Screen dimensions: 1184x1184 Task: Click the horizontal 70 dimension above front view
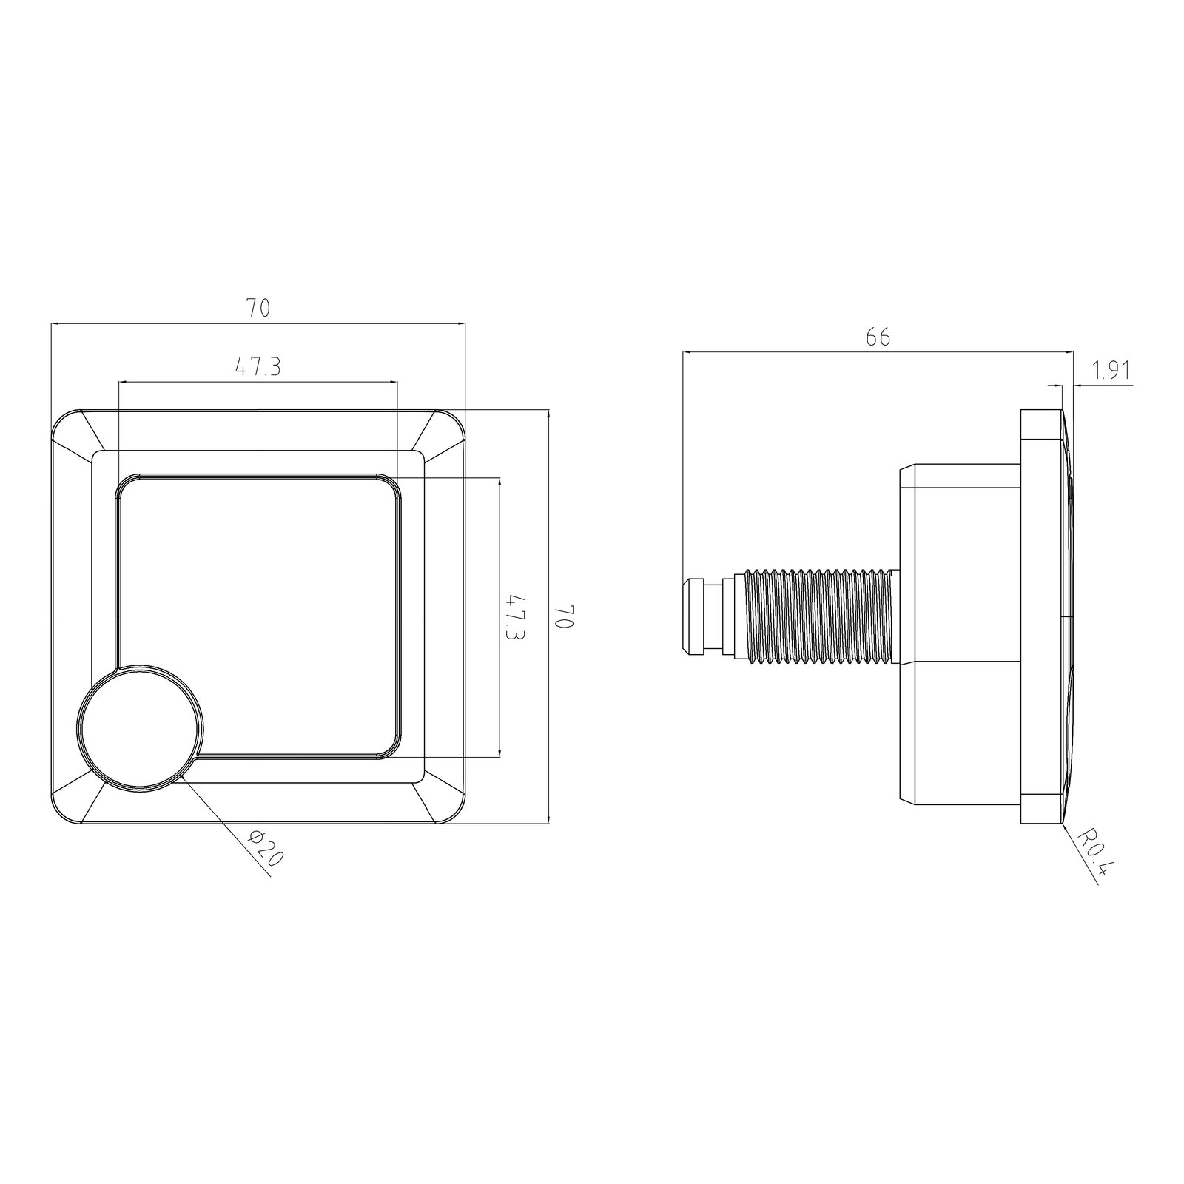click(258, 309)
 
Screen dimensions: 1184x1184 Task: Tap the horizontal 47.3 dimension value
click(258, 367)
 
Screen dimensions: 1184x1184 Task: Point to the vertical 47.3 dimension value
click(514, 616)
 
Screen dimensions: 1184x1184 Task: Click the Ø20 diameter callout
click(266, 849)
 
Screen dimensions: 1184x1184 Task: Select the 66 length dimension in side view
click(878, 337)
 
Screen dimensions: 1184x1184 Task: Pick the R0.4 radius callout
click(1094, 852)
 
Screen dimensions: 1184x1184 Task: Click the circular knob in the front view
click(141, 727)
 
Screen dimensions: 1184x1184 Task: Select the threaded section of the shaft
click(818, 616)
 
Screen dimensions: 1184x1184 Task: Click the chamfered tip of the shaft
click(692, 616)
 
